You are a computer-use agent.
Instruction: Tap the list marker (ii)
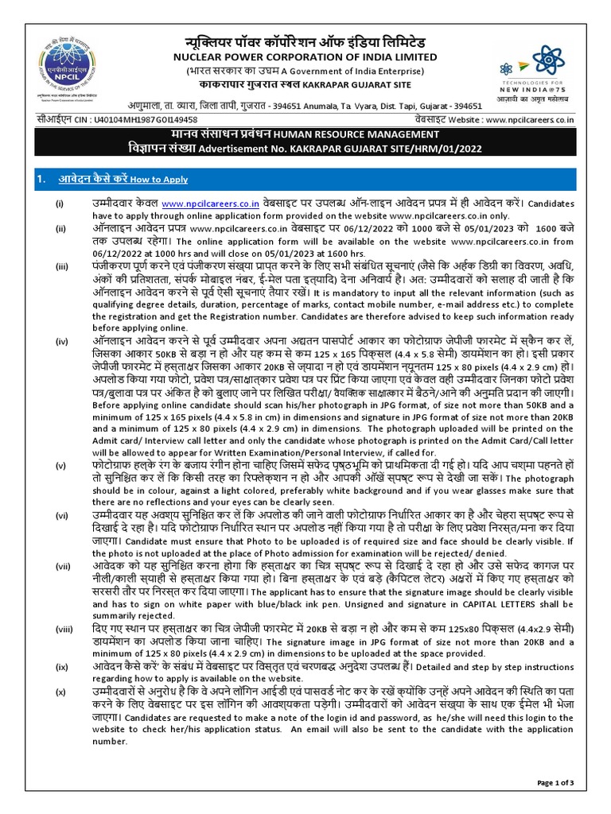60,229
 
